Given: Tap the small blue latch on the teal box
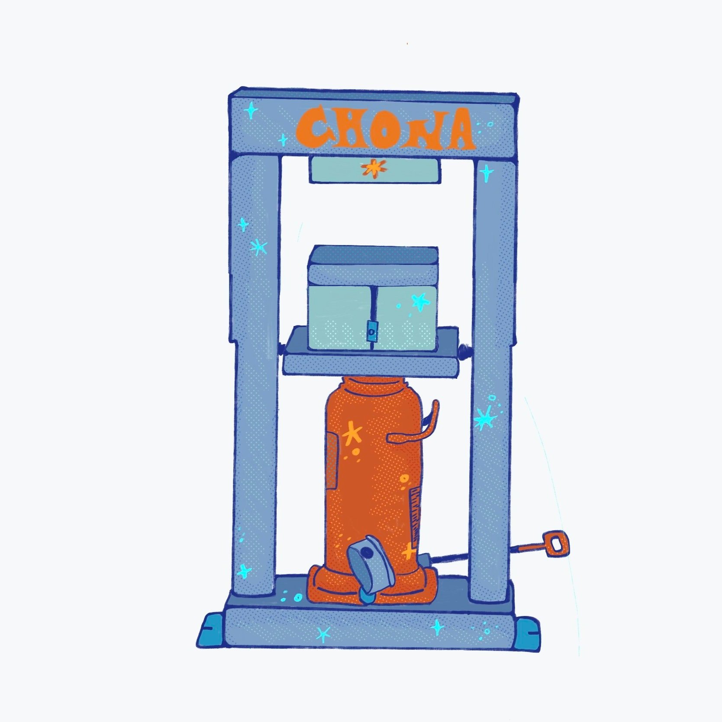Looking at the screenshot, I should pos(371,331).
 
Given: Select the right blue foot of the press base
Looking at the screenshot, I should pos(529,631).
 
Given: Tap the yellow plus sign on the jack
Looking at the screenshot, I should pos(408,552).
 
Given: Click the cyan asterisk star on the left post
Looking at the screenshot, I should pos(258,248).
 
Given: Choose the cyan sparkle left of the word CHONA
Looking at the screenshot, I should pos(250,111).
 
